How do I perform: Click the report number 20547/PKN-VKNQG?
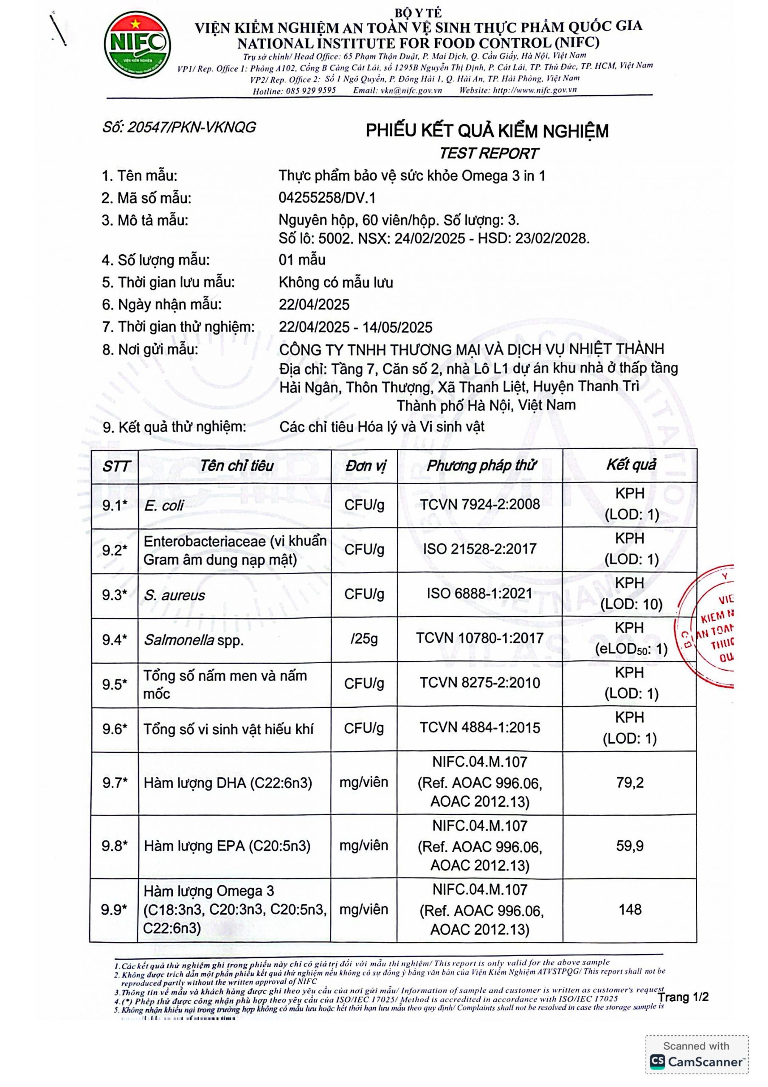pyautogui.click(x=179, y=127)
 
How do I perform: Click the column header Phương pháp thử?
pyautogui.click(x=481, y=466)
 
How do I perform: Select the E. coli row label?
pyautogui.click(x=164, y=506)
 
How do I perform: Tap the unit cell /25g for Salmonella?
pyautogui.click(x=364, y=639)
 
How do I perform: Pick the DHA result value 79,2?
pyautogui.click(x=630, y=783)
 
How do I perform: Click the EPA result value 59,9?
pyautogui.click(x=630, y=846)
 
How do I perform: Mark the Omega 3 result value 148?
pyautogui.click(x=630, y=910)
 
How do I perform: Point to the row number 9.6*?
pyautogui.click(x=115, y=729)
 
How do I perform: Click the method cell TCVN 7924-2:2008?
pyautogui.click(x=480, y=505)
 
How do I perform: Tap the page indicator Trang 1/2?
pyautogui.click(x=683, y=997)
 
